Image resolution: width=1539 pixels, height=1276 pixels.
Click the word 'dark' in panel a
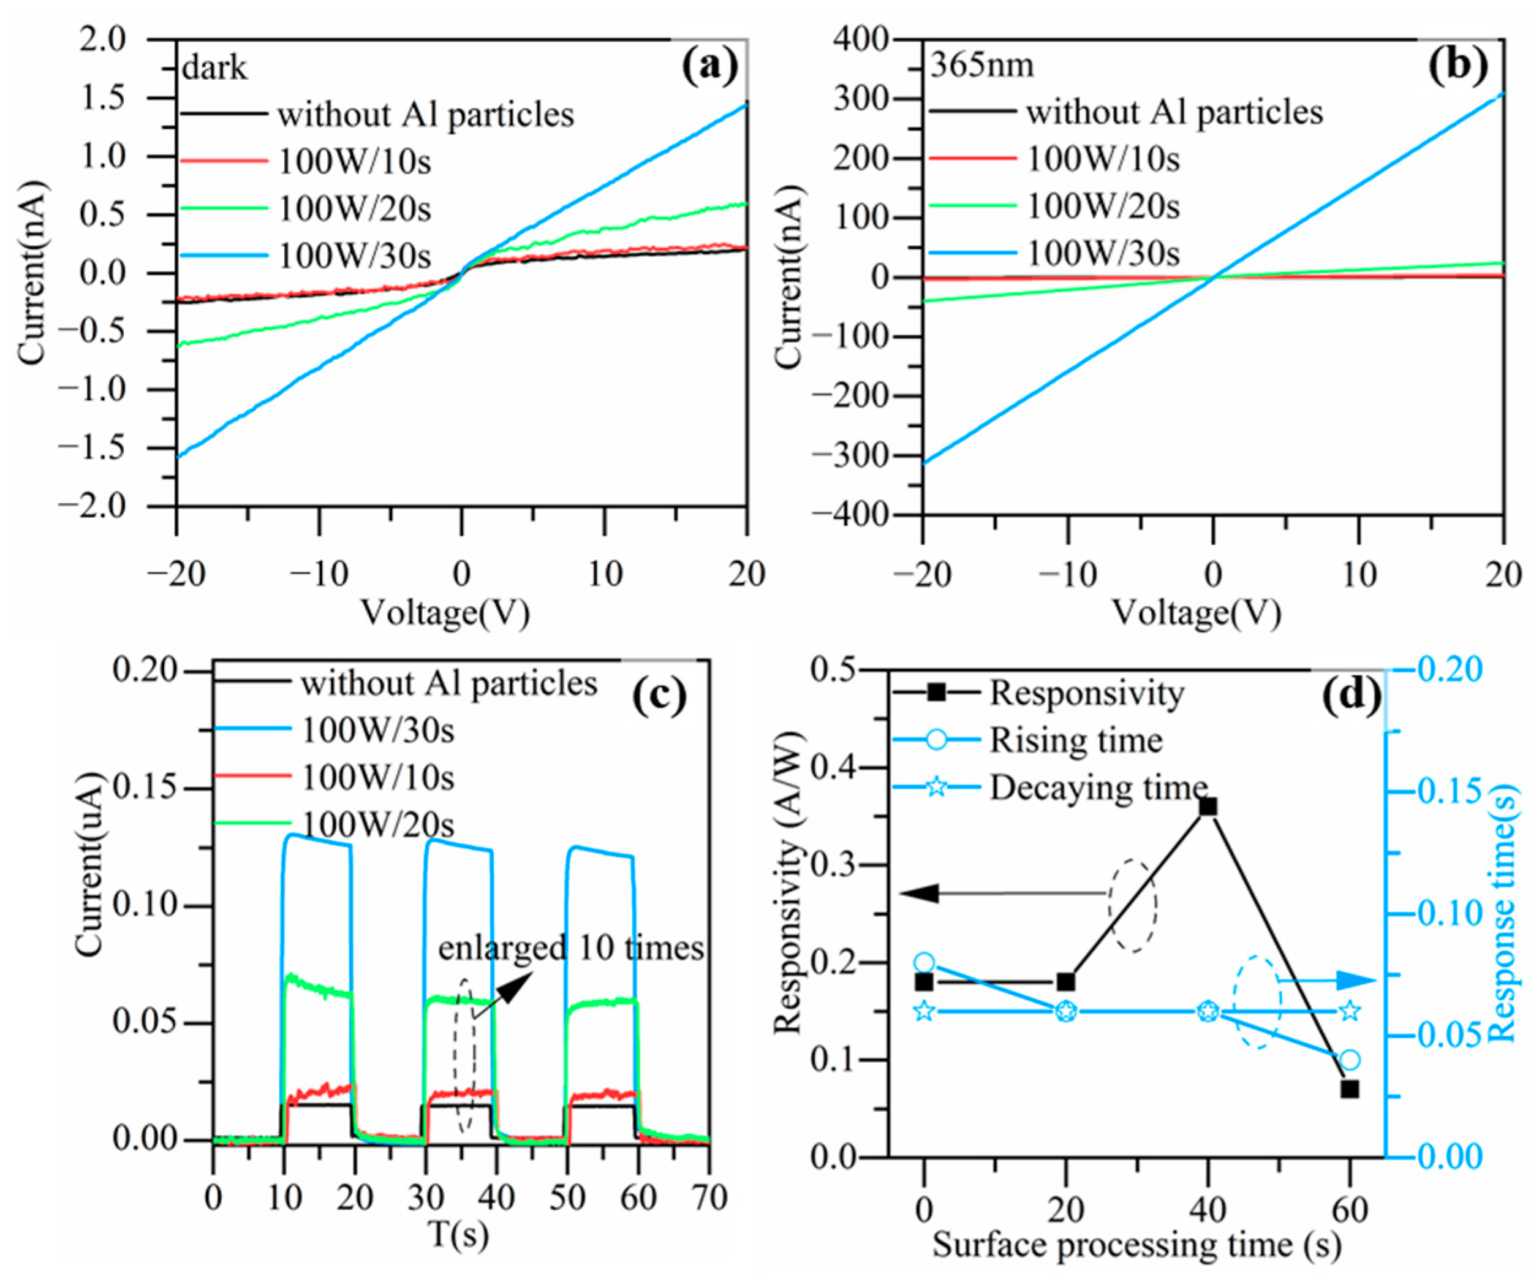click(214, 68)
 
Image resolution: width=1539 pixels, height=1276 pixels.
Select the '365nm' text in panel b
click(982, 65)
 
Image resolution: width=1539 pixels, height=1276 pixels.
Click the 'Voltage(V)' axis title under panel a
click(445, 613)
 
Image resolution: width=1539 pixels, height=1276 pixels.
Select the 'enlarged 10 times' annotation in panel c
click(571, 948)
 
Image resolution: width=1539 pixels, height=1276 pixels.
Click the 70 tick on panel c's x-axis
click(708, 1198)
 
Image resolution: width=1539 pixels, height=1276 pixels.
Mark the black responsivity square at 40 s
click(1208, 806)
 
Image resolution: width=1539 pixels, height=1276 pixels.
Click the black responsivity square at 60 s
click(1350, 1089)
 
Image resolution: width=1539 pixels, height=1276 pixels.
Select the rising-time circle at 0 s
click(924, 962)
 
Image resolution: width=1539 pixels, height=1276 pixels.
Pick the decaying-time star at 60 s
click(1350, 1011)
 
